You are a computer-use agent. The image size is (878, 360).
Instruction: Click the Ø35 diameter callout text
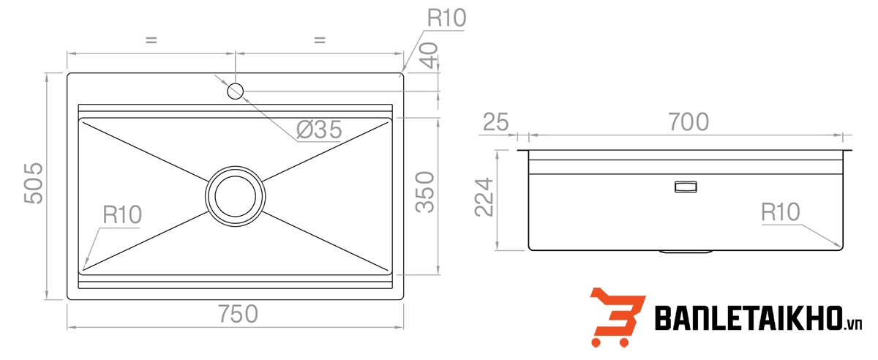pos(319,130)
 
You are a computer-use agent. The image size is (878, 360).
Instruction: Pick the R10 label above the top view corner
pos(446,18)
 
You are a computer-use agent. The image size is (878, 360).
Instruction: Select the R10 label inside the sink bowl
pos(122,215)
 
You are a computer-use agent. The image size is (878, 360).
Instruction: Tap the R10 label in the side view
pos(780,212)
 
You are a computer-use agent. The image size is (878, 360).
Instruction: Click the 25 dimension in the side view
pos(495,122)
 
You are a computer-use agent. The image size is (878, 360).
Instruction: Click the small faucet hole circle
pos(235,91)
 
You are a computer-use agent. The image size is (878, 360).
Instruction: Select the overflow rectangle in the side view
pos(686,187)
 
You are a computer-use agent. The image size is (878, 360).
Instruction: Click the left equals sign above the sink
pos(151,41)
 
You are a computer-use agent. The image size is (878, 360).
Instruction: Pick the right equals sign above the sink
pos(319,41)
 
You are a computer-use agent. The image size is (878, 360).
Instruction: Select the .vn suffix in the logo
pos(854,325)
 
